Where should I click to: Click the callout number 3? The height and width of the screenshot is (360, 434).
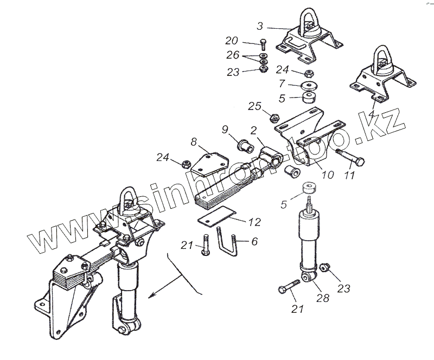pyautogui.click(x=261, y=26)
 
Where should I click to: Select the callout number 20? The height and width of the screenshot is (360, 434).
pyautogui.click(x=232, y=41)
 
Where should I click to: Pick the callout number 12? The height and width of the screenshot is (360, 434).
pyautogui.click(x=253, y=222)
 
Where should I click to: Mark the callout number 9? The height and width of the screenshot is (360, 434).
pyautogui.click(x=225, y=130)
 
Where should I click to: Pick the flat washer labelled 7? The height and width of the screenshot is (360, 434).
pyautogui.click(x=310, y=86)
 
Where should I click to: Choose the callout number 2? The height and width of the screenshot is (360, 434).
pyautogui.click(x=253, y=131)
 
